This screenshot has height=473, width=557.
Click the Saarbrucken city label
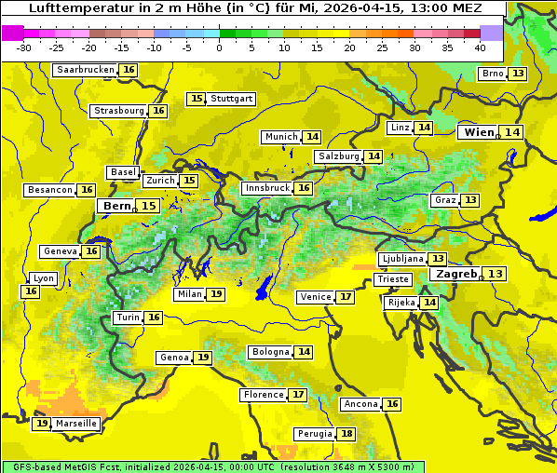click(85, 70)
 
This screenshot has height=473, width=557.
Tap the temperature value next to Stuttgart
click(197, 99)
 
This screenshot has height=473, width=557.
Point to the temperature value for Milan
click(216, 294)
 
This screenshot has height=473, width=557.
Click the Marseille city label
click(76, 424)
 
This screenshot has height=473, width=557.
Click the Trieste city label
click(392, 279)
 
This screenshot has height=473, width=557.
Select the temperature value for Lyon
click(31, 291)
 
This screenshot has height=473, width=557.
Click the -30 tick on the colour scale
click(24, 47)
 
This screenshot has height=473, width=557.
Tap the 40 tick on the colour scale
click(480, 47)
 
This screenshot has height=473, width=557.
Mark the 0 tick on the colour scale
click(220, 47)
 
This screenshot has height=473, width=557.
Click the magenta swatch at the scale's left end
click(12, 32)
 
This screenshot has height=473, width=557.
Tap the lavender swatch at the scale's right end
click(492, 32)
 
